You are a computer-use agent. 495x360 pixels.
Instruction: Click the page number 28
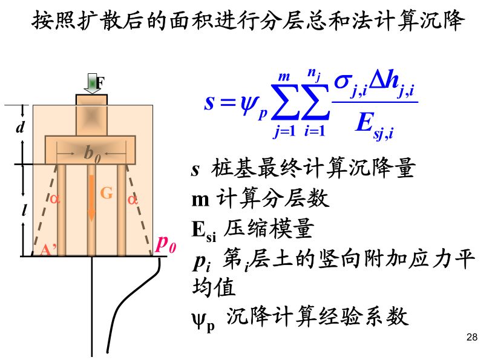tap(473, 337)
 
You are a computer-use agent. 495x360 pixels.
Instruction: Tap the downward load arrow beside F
tap(92, 83)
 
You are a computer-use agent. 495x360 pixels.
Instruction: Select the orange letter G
tap(107, 193)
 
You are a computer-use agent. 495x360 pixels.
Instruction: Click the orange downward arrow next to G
tap(91, 197)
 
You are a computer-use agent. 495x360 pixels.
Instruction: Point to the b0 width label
tap(92, 155)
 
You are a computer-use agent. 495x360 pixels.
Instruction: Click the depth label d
tap(20, 128)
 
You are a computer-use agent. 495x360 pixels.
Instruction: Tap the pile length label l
tap(22, 211)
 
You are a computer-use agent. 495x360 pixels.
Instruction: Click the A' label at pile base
tap(48, 249)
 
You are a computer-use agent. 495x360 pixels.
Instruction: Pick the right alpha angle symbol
tap(133, 198)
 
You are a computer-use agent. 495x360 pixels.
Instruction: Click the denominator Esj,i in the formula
tap(373, 126)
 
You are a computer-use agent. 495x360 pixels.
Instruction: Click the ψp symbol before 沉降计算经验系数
tap(203, 319)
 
